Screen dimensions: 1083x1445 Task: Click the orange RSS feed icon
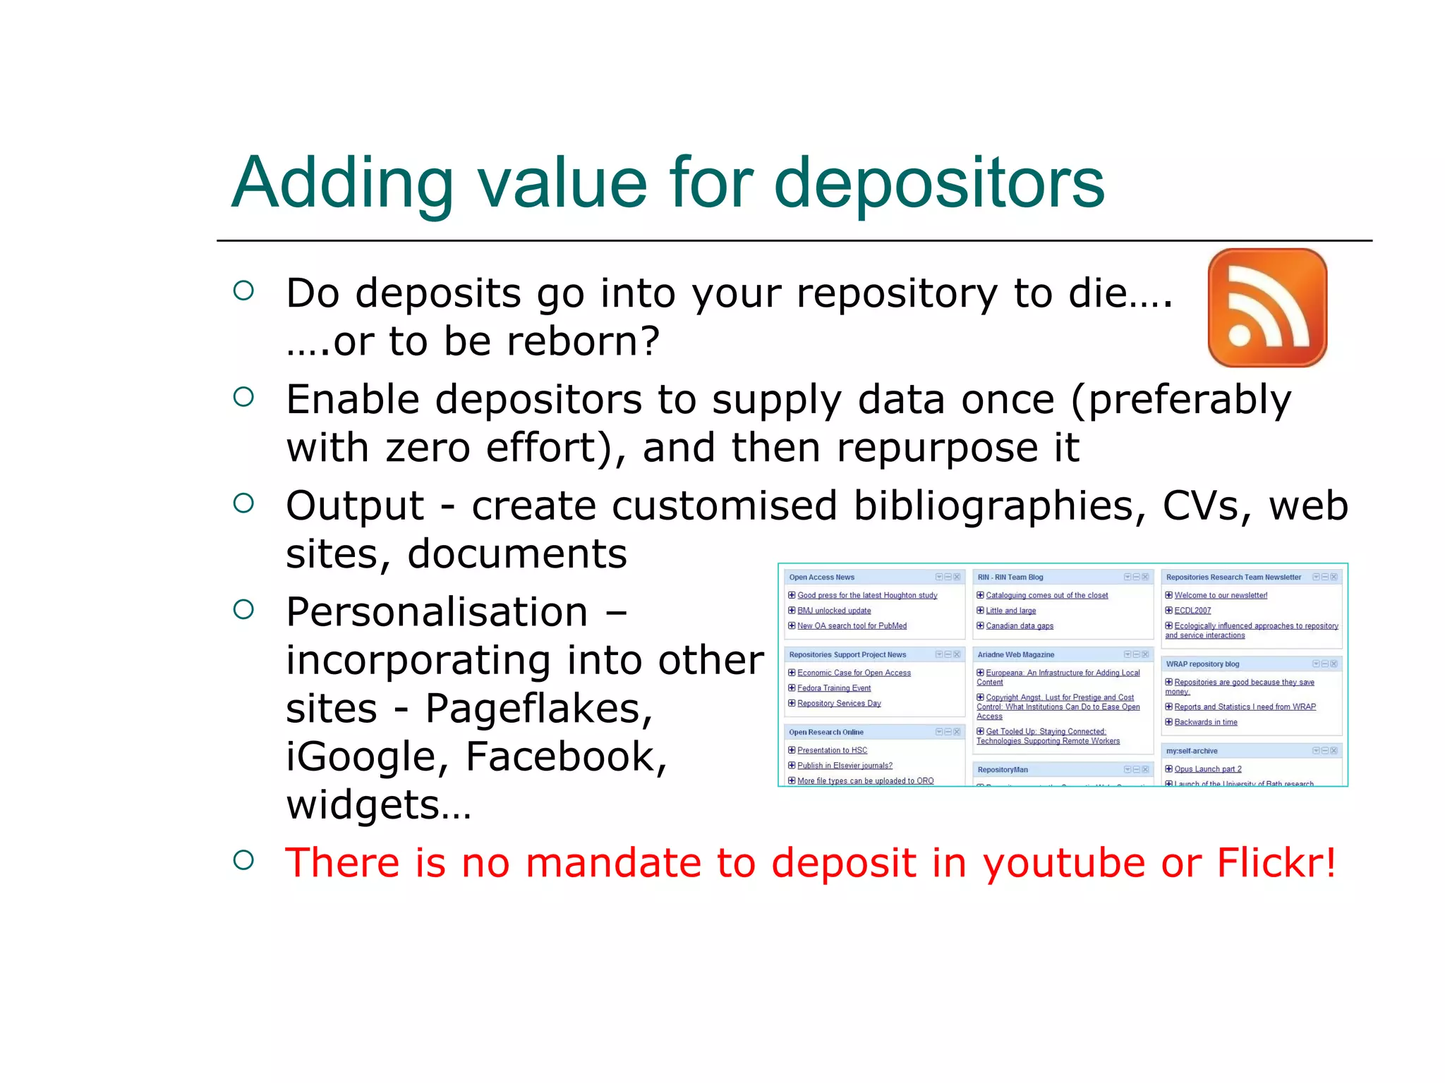(x=1267, y=307)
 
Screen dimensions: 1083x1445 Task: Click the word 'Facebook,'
(x=566, y=757)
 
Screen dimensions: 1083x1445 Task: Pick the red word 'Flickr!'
(x=1276, y=862)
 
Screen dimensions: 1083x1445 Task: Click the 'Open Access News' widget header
(x=822, y=577)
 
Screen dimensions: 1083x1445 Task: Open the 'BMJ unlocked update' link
(x=834, y=611)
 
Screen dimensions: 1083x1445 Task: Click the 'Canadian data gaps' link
(x=1020, y=626)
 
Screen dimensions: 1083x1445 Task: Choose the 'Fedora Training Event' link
(x=834, y=688)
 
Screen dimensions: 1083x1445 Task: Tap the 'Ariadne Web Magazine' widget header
(x=1016, y=655)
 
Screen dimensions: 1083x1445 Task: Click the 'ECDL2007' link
(x=1192, y=611)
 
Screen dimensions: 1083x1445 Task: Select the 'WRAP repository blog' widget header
(x=1202, y=664)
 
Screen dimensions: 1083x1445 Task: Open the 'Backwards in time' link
(x=1206, y=722)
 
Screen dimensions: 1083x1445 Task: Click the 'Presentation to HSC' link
(x=833, y=750)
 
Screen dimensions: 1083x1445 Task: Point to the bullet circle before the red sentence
(x=243, y=859)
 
